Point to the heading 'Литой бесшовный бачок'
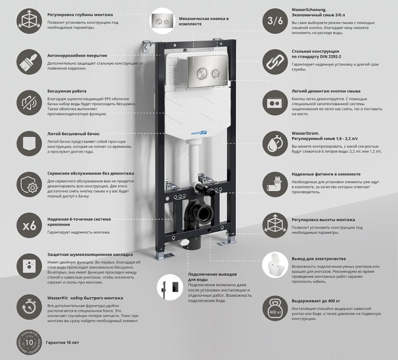point(73,134)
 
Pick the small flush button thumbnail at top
point(162,21)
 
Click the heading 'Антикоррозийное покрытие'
point(77,55)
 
